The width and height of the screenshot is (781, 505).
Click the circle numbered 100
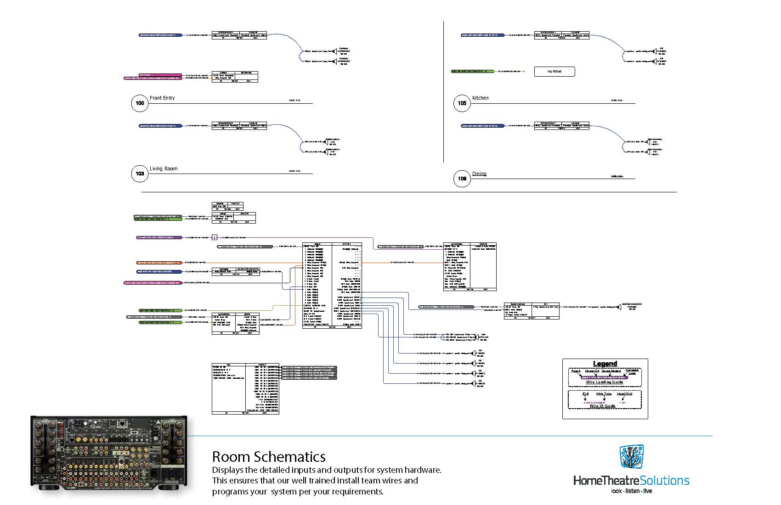[140, 103]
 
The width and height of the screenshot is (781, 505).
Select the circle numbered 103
[140, 174]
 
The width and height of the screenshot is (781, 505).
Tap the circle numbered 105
[462, 103]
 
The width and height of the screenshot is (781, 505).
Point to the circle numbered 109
[462, 179]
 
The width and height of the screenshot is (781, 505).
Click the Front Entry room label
[162, 98]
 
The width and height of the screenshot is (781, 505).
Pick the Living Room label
[164, 168]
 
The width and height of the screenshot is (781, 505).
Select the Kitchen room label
[481, 98]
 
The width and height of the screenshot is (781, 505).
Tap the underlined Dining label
[479, 174]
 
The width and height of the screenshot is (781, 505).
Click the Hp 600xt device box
[555, 72]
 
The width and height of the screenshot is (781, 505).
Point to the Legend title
[605, 364]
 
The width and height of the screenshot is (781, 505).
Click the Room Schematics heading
[269, 457]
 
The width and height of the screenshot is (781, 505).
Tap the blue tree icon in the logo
[631, 457]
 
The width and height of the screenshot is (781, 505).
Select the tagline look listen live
[631, 491]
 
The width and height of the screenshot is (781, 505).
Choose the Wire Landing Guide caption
[605, 382]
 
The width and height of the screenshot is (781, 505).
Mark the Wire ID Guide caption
[603, 406]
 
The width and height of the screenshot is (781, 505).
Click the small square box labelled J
[215, 237]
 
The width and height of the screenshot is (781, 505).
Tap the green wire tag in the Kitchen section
[473, 72]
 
